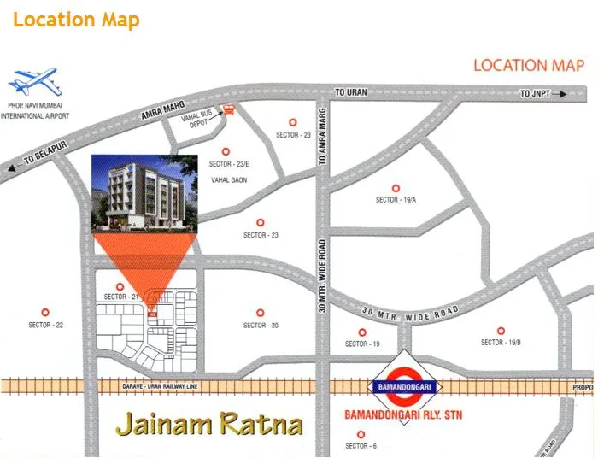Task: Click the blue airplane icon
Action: coord(32,83)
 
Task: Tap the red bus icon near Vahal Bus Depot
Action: coord(227,110)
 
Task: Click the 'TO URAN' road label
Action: coord(350,92)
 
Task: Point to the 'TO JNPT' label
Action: coord(537,93)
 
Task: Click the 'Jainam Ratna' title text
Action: coord(209,424)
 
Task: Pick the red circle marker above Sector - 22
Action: coord(46,313)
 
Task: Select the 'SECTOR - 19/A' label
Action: coord(396,200)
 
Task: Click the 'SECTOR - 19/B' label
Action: coord(501,343)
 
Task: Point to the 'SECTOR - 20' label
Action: coord(261,326)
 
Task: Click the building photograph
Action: coord(144,194)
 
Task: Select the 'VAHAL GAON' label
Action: coord(227,180)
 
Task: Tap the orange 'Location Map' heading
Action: coord(76,20)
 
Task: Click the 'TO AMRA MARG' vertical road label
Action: coord(323,141)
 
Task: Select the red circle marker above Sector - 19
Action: coord(362,332)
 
